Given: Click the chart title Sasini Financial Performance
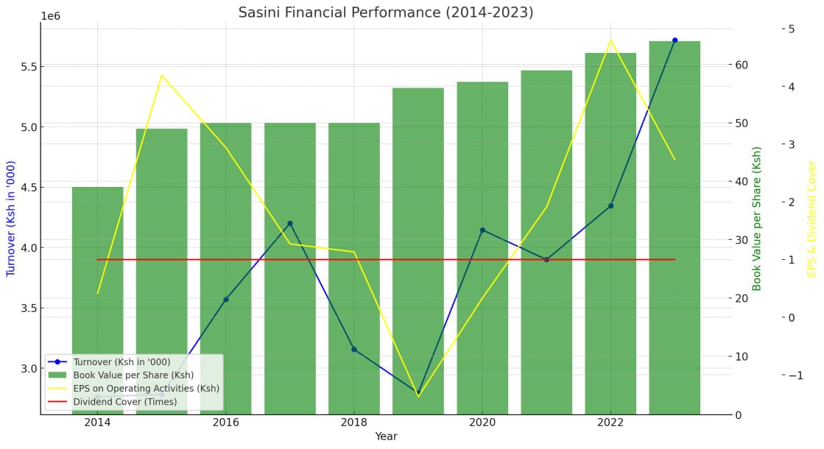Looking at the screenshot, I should [386, 13].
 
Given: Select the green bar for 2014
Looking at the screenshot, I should [97, 294].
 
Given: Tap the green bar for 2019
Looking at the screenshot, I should [418, 250].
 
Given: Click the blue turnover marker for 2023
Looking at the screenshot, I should [675, 40].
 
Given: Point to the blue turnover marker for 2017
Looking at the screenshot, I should [290, 223].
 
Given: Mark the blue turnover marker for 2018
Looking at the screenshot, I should [354, 349].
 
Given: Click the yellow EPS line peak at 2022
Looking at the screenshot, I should [610, 40].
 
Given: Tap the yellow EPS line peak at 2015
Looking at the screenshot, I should [161, 75].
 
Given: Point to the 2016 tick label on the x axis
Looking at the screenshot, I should [225, 423].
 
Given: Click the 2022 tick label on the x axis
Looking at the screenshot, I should [610, 423].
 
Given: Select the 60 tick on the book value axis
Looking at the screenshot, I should [742, 65].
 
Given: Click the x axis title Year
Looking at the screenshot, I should [386, 436].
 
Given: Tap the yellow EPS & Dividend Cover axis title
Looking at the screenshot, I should [812, 219].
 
